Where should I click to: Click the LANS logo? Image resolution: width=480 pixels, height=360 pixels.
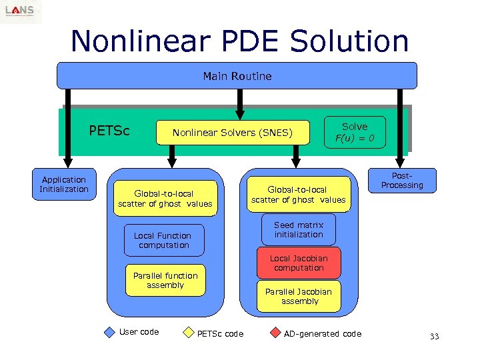click(x=20, y=11)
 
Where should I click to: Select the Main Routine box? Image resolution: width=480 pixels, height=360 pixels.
click(x=237, y=76)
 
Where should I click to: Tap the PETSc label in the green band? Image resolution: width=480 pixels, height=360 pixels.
click(x=109, y=130)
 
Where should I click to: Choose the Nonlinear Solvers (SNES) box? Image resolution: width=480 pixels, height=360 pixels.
click(x=232, y=133)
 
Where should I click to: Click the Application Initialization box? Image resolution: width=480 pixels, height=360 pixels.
click(x=64, y=185)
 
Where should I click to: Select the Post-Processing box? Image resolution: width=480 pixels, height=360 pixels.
click(x=402, y=180)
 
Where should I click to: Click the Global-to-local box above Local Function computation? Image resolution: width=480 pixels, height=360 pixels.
click(x=165, y=199)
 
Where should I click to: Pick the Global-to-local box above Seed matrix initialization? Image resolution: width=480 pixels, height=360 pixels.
click(x=298, y=195)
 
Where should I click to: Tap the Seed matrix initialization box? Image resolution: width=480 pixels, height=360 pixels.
click(x=299, y=230)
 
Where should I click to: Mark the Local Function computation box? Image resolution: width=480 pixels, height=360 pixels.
click(x=163, y=241)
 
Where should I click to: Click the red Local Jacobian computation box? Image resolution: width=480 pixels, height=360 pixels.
click(x=299, y=263)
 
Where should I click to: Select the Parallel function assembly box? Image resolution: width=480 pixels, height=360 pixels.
click(x=165, y=281)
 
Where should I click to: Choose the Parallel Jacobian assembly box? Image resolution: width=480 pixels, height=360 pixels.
click(x=299, y=297)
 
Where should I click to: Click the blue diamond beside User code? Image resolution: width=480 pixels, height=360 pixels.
click(x=110, y=333)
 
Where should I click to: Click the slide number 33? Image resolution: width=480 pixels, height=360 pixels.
click(x=434, y=337)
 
